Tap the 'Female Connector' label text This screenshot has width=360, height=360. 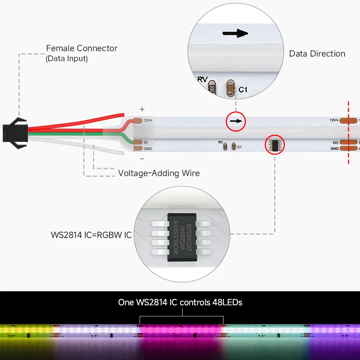(82, 48)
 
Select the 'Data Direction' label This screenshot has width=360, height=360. (317, 54)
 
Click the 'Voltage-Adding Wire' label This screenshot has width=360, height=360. (159, 173)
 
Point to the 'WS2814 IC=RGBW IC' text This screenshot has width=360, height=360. (91, 235)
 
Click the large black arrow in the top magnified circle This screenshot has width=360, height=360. (235, 33)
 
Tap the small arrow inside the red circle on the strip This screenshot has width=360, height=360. (235, 121)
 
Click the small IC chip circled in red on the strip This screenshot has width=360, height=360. (275, 145)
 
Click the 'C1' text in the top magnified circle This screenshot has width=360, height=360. (243, 89)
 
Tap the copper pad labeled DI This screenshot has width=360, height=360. (138, 142)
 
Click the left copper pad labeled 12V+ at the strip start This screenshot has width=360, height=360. (138, 121)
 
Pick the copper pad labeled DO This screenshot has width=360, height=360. (347, 142)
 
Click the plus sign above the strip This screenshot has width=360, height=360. (142, 109)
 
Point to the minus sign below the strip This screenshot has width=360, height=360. (142, 158)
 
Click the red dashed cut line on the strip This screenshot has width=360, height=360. (348, 133)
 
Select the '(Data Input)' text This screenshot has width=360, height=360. (67, 58)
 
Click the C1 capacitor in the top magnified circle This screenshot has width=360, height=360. (229, 88)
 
